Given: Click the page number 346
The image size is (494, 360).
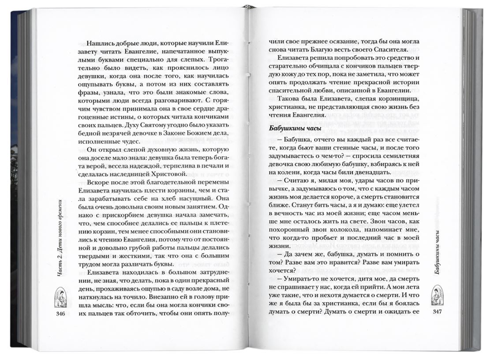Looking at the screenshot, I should (x=59, y=314).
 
